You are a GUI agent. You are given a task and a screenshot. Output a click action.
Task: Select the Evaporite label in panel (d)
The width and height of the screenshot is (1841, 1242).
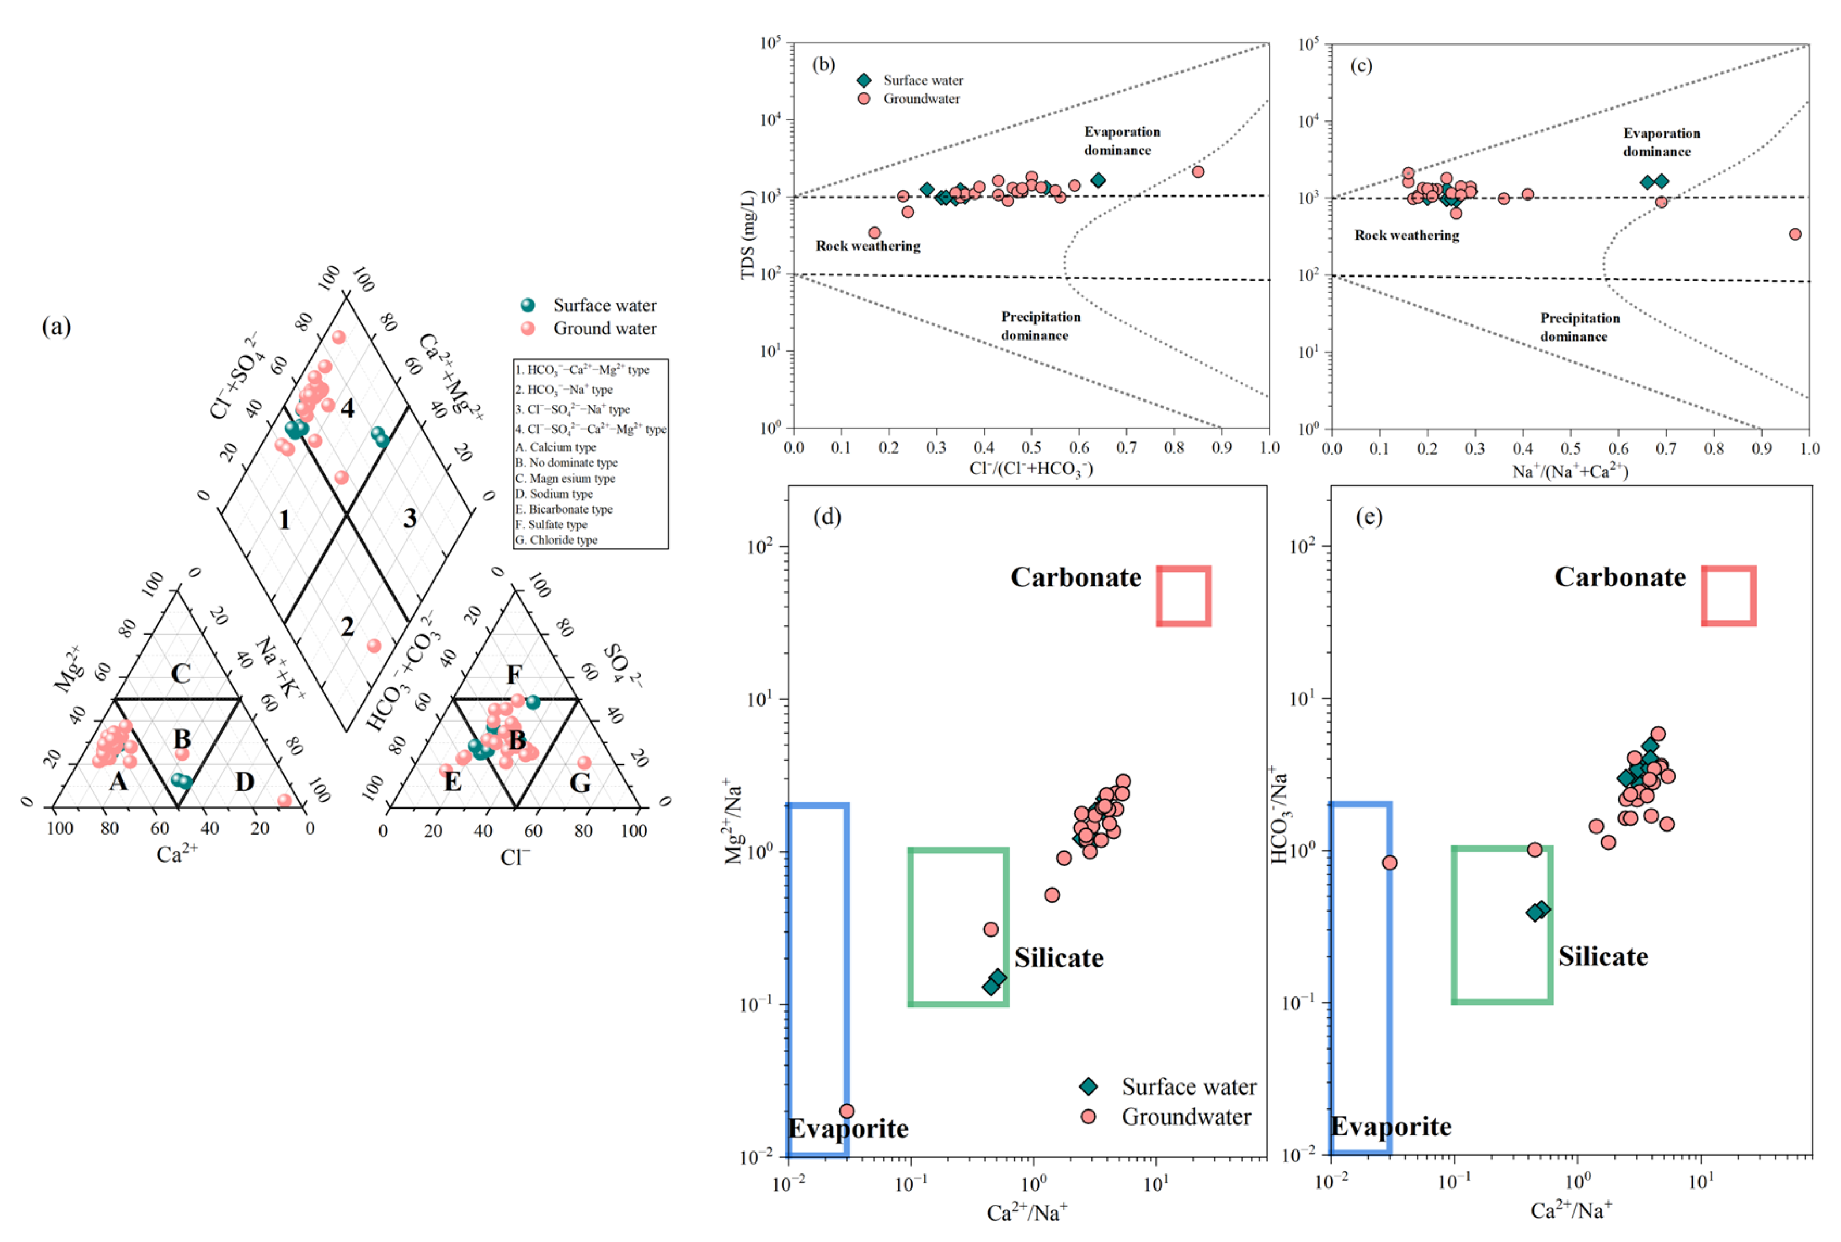[x=848, y=1128]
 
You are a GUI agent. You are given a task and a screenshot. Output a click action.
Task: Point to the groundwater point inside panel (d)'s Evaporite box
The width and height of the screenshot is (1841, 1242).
[x=846, y=1111]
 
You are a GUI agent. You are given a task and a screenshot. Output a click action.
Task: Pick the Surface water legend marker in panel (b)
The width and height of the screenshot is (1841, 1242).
[x=864, y=80]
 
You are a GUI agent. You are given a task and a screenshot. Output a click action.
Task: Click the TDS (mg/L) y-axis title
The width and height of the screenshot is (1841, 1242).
[x=747, y=235]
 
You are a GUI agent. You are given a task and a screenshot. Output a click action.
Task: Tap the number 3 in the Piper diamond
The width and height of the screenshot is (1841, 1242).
[x=409, y=518]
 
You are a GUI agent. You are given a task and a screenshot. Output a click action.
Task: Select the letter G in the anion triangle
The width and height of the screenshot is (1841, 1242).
[x=580, y=783]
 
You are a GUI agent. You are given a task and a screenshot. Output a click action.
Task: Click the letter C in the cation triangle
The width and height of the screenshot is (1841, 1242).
[x=180, y=673]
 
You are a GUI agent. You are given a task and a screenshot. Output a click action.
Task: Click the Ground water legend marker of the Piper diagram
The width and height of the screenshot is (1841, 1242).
[x=528, y=328]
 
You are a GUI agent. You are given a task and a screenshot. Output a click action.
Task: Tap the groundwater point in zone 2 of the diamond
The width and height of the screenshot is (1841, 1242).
[x=374, y=645]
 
